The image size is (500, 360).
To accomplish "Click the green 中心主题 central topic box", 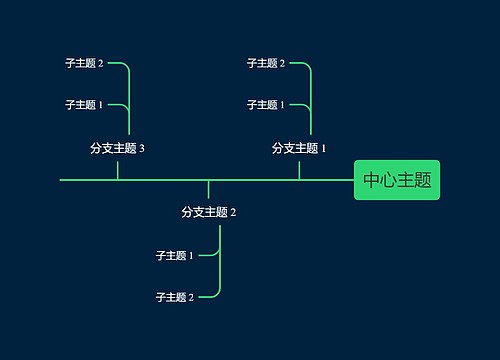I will [x=397, y=180].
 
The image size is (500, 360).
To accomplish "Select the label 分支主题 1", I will [x=299, y=148].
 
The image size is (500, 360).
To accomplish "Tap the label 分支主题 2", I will [x=208, y=212].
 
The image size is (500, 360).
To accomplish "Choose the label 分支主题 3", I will [x=117, y=148].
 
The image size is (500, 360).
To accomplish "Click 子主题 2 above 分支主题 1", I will [x=266, y=63].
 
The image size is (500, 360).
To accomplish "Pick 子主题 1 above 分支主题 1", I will [x=266, y=104].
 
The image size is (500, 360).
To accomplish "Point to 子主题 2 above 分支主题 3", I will [x=84, y=63].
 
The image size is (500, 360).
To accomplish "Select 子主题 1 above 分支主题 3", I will [x=84, y=104].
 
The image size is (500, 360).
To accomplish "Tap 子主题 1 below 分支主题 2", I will [x=175, y=255].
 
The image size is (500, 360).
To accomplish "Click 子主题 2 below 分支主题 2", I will [x=175, y=297].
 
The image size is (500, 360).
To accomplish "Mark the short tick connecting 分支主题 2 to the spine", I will [x=208, y=190].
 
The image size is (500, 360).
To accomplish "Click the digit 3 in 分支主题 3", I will [x=142, y=148].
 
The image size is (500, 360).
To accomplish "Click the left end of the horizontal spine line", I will [x=62, y=180].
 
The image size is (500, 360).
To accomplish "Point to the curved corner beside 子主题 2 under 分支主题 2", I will [x=216, y=294].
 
